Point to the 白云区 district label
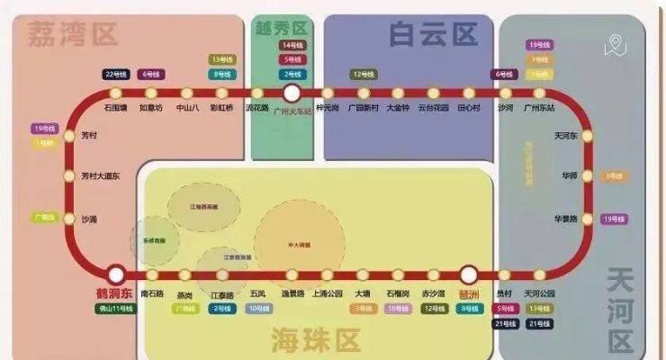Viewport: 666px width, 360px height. tap(433, 35)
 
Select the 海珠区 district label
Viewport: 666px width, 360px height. tap(316, 340)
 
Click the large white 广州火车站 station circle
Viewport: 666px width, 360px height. tap(291, 93)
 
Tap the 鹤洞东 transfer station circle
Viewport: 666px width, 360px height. tap(115, 274)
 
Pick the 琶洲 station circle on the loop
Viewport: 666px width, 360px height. tap(468, 274)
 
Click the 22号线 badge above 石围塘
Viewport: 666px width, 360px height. tap(116, 74)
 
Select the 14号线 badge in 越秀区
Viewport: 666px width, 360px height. tap(292, 45)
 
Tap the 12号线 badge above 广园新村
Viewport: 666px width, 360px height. tap(362, 74)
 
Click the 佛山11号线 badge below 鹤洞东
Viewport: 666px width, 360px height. tap(115, 309)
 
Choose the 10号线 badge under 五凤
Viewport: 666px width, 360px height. tap(258, 309)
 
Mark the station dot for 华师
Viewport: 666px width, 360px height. tap(587, 175)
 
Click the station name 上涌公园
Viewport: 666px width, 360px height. tap(328, 293)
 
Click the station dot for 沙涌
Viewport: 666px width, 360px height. tap(69, 219)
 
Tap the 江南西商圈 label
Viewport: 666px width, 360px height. tap(203, 206)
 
